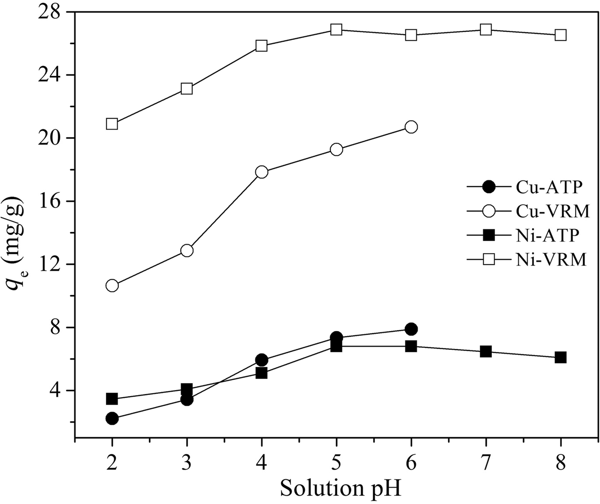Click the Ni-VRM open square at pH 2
[x=112, y=124]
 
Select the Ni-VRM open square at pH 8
[x=561, y=35]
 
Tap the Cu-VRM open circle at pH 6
[x=411, y=127]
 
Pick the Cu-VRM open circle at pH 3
[x=187, y=250]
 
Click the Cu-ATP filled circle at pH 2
[x=112, y=418]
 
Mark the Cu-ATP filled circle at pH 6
[x=411, y=329]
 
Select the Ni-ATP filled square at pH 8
[x=561, y=357]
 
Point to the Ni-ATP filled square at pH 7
[x=486, y=352]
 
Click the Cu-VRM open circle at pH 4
[x=261, y=172]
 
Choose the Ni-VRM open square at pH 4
[x=261, y=46]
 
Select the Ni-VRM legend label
[x=551, y=259]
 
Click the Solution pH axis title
[x=342, y=488]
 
